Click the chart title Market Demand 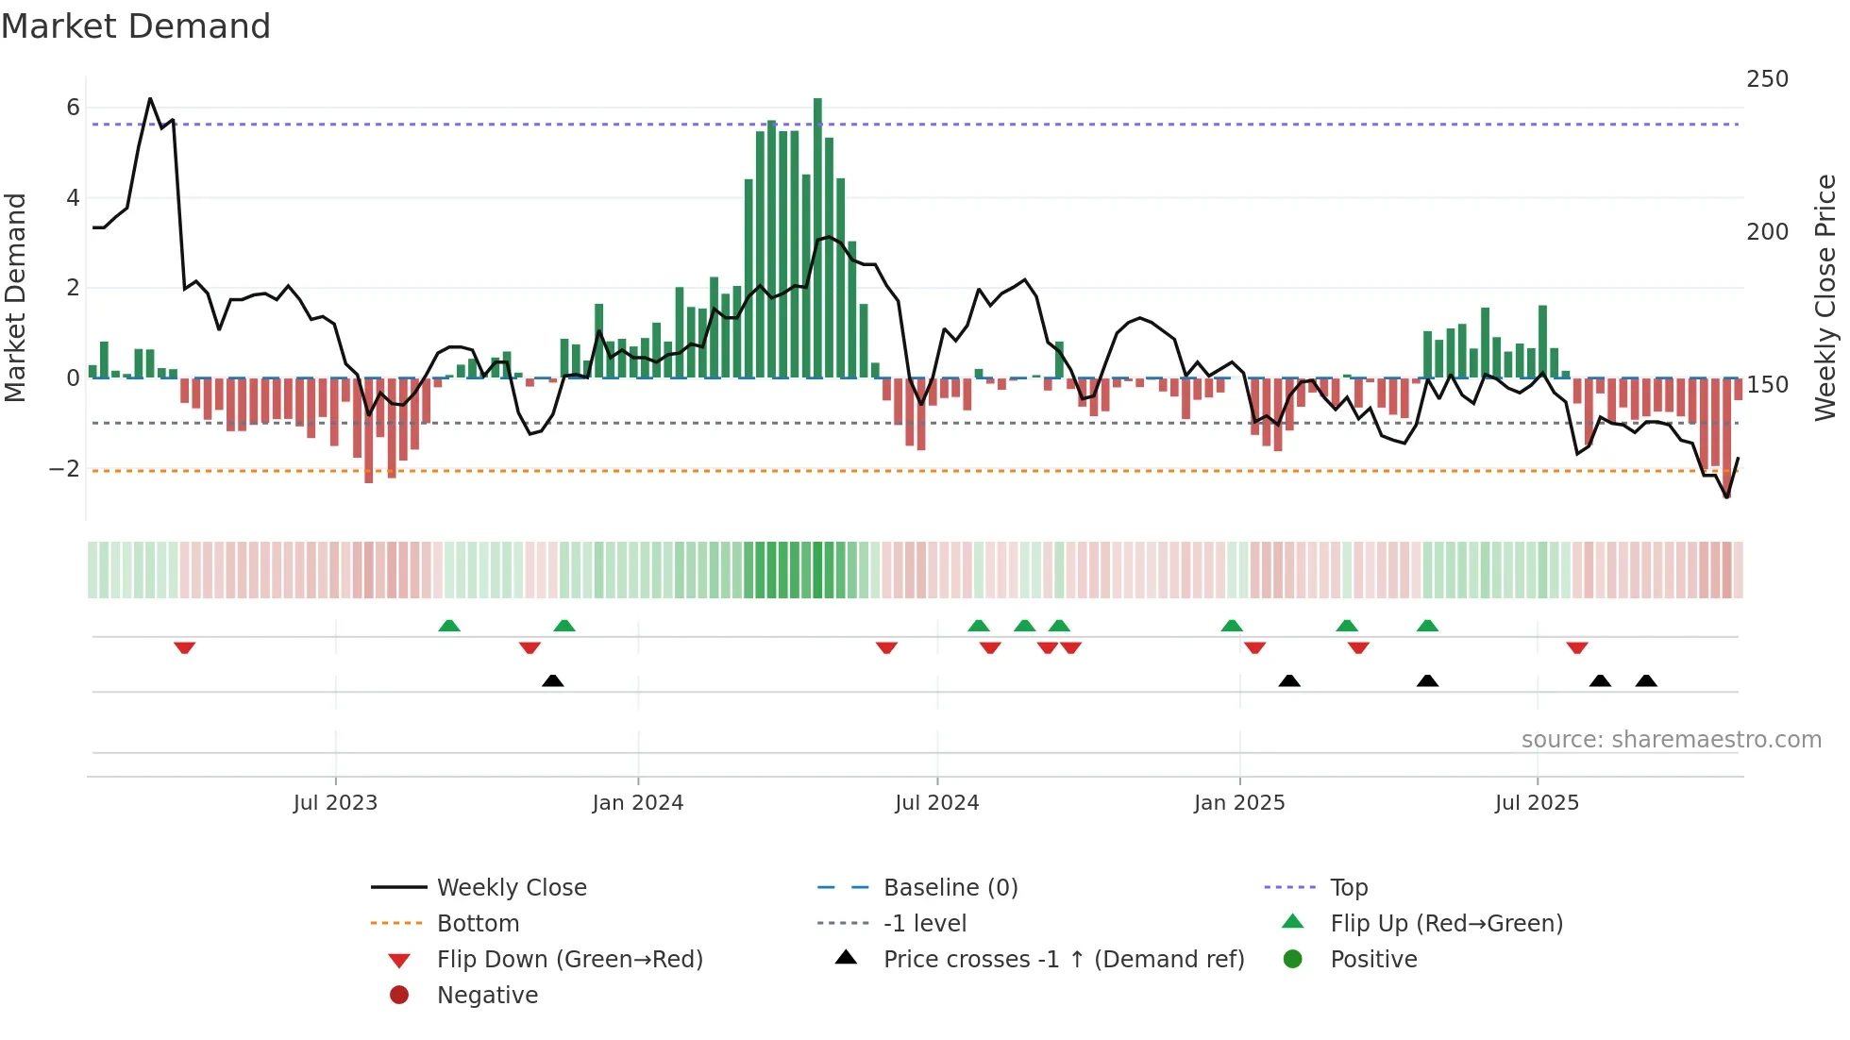pos(136,26)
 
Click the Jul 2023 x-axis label pos(335,803)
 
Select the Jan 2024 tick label pos(637,803)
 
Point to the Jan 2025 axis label pos(1238,803)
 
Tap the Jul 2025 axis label pos(1537,803)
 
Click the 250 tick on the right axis pos(1767,79)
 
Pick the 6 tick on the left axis pos(73,108)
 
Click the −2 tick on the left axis pos(64,469)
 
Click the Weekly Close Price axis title pos(1825,297)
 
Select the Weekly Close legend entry pos(511,888)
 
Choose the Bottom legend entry pos(478,924)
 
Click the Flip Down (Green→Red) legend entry pos(569,960)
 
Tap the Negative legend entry pos(487,996)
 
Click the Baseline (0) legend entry pos(950,888)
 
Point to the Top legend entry pos(1348,888)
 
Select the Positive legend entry pos(1373,960)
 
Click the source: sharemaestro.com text pos(1671,740)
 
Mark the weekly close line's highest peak pos(150,98)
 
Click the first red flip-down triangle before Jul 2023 pos(185,647)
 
